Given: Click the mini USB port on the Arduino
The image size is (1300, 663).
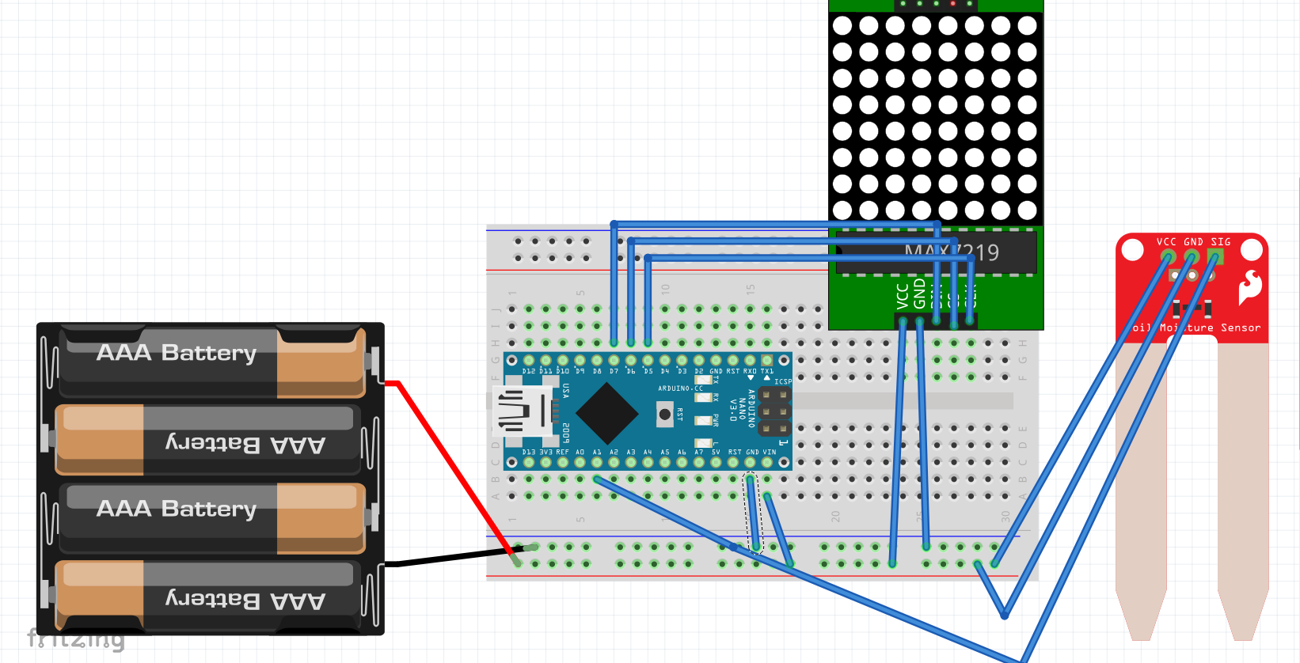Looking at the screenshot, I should pyautogui.click(x=522, y=411).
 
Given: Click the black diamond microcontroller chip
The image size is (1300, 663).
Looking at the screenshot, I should pyautogui.click(x=607, y=412).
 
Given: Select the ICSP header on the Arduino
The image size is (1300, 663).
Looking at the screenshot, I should pyautogui.click(x=774, y=411).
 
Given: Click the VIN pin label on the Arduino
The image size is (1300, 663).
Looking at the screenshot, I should pyautogui.click(x=770, y=452).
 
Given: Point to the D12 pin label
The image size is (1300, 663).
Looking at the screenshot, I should pyautogui.click(x=528, y=371).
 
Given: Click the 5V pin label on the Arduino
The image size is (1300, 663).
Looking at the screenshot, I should pyautogui.click(x=716, y=452).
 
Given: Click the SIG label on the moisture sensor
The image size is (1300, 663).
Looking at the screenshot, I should pyautogui.click(x=1221, y=242).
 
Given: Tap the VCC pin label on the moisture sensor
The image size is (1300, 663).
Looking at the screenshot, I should pyautogui.click(x=1166, y=242).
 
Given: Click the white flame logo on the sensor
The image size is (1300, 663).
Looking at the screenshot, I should pyautogui.click(x=1250, y=286).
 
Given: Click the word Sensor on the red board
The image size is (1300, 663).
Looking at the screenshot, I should pyautogui.click(x=1241, y=328).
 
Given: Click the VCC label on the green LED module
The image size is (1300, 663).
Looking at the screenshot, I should pyautogui.click(x=902, y=296).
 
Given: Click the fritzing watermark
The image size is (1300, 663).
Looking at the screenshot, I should pyautogui.click(x=76, y=638).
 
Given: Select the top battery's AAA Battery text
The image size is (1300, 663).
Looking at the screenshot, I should pyautogui.click(x=177, y=352).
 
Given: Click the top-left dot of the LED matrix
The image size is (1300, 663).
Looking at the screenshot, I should pyautogui.click(x=842, y=25).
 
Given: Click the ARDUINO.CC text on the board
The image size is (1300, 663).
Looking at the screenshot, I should pyautogui.click(x=680, y=388).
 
